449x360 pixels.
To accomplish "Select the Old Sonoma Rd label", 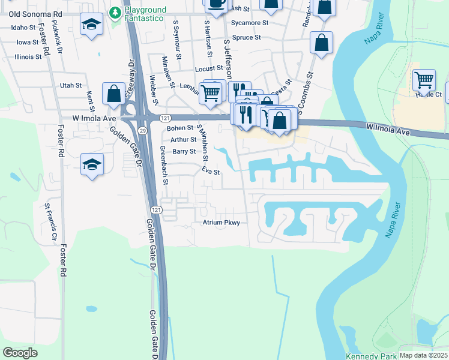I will click(x=31, y=13).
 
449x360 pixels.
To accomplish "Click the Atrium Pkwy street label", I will click(x=220, y=223).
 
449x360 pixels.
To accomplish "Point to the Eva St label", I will click(x=211, y=172).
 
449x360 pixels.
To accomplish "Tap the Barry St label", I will click(x=184, y=151).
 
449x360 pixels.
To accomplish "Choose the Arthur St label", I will click(x=184, y=139).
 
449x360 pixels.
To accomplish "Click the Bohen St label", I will click(x=180, y=128).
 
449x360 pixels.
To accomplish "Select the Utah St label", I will click(x=71, y=86).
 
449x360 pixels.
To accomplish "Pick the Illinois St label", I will click(x=28, y=57).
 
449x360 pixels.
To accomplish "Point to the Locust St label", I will click(x=209, y=69).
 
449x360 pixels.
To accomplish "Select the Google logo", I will click(x=20, y=353).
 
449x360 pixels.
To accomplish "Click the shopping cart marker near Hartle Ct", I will click(x=424, y=80).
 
